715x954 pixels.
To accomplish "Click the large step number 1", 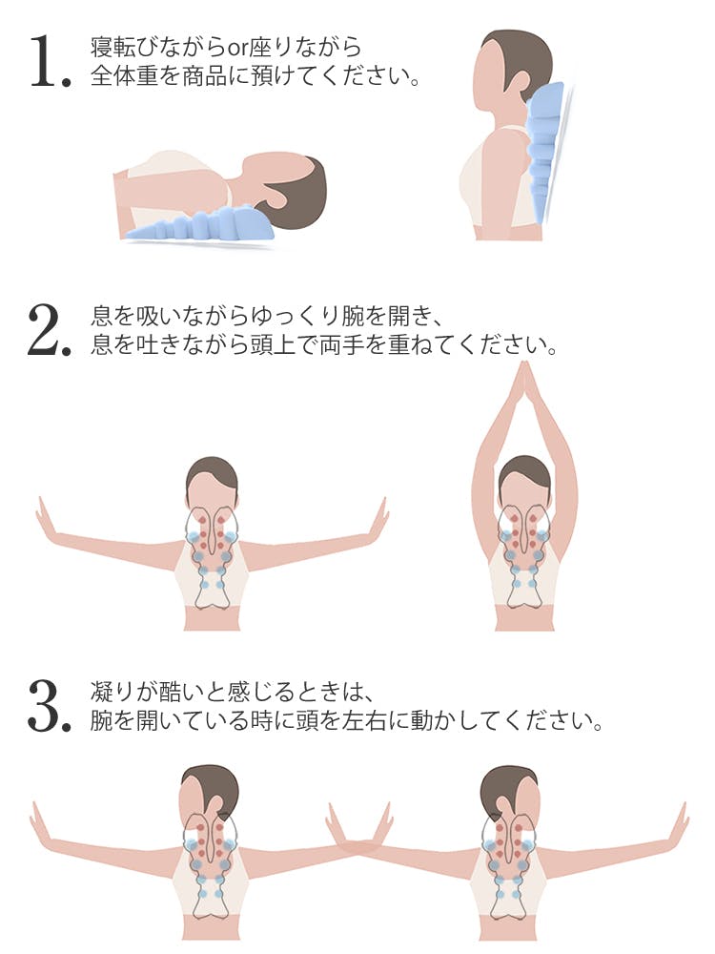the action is [50, 61].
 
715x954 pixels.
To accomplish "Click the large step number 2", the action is [50, 330].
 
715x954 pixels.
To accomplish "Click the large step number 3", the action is [50, 707].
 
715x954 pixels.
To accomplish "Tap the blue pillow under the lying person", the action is [200, 224].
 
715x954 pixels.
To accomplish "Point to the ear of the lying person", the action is [279, 195].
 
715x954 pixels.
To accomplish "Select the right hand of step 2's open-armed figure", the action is [378, 517].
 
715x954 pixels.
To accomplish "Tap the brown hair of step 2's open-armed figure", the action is [212, 473].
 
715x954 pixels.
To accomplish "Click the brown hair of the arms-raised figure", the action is [524, 472].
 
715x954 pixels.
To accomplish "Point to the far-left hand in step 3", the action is [39, 821].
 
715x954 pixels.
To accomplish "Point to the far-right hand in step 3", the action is [680, 821].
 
